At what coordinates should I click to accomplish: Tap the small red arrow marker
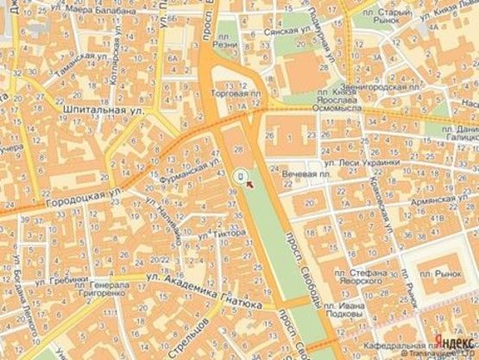[249, 183]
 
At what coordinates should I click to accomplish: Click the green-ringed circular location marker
[241, 178]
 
